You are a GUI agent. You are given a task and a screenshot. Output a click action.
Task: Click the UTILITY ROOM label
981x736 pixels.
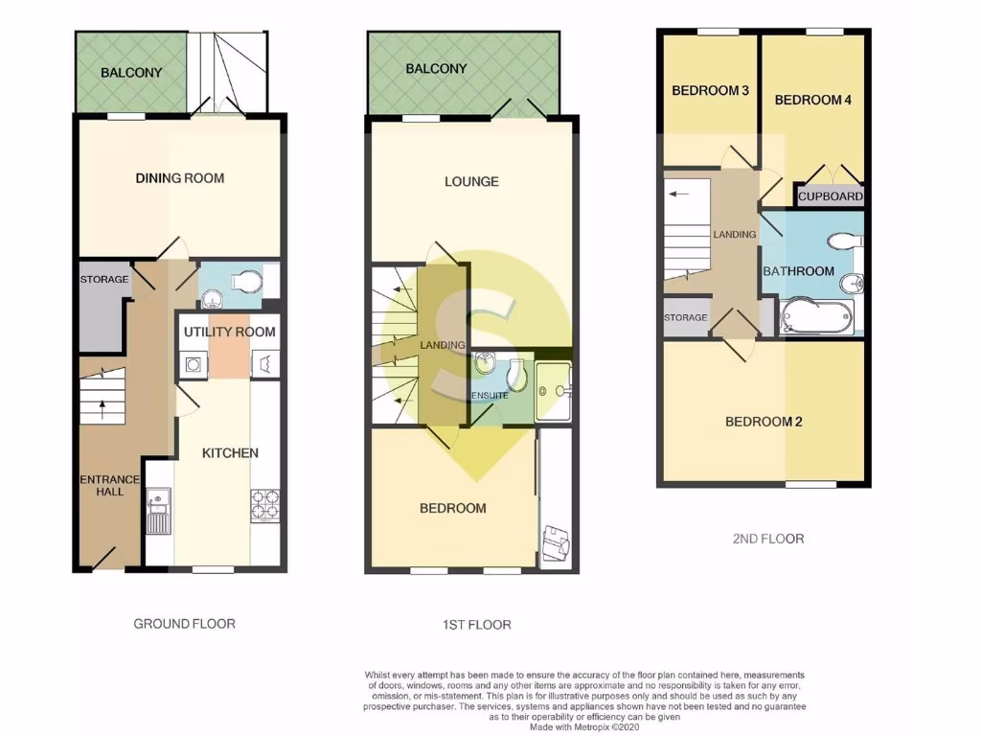coord(229,332)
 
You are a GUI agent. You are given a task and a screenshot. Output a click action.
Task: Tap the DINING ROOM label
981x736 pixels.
coord(179,177)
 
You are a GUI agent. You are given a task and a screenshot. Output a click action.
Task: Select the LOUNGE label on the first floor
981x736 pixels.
coord(471,181)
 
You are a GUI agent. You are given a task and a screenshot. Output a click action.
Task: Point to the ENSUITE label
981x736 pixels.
coord(489,395)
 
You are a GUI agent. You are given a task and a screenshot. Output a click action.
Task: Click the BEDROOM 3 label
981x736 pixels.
coord(710,91)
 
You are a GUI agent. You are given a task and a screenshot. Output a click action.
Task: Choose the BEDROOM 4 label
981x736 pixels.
coord(812,100)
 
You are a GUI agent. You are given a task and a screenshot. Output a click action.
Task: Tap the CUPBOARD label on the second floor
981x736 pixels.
coord(831,196)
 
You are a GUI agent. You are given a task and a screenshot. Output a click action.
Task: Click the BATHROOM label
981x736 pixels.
coord(798,271)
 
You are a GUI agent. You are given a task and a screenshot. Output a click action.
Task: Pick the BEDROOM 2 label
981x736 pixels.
coord(764,422)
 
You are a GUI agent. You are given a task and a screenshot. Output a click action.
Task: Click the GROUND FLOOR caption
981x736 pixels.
coord(184,623)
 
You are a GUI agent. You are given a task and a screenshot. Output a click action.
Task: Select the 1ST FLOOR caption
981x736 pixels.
coord(476,625)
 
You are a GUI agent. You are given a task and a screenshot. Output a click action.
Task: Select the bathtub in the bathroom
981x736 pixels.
coord(816,316)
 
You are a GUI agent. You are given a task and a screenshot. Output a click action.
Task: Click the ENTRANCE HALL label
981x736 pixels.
coord(109,485)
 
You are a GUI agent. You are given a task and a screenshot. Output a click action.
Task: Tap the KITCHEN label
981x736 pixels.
coord(230,452)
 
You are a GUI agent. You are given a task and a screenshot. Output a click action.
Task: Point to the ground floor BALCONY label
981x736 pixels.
coord(131,72)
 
